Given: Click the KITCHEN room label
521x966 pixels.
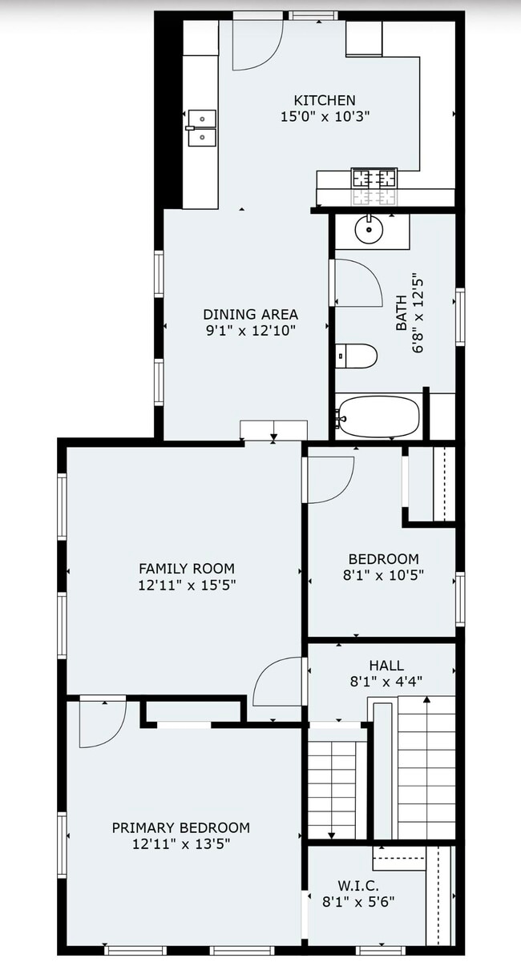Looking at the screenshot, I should coord(325,100).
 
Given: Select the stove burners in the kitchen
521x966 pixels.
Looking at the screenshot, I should coord(374,178).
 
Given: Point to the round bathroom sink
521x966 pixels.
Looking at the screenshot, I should coord(369,232).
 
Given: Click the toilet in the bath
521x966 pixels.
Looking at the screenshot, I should coord(356,356).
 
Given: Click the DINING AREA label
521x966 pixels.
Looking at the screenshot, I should coord(250,314).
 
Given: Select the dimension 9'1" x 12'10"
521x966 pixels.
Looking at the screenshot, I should coord(250,329).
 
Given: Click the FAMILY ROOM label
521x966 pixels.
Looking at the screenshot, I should coord(187,568).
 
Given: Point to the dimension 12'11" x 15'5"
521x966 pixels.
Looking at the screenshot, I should coord(187,585).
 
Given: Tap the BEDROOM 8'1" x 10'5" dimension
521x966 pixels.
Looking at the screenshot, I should coord(383,574).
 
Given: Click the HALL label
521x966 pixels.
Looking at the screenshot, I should coord(386,666).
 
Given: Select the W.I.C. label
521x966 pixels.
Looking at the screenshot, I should coord(358,885).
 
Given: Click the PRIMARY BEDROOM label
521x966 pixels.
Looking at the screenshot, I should coord(180,827).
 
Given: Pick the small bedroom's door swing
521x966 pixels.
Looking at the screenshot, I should coord(329,479).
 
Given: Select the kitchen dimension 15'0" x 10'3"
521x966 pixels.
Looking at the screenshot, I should coord(325,116).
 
